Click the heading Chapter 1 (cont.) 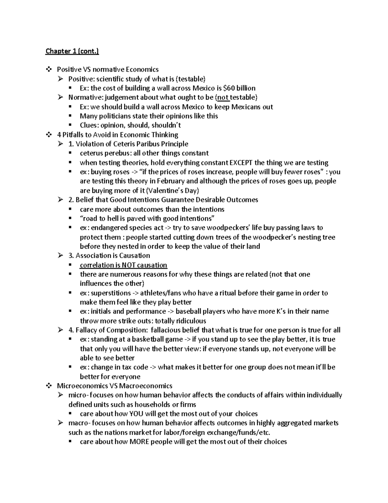click(x=72, y=51)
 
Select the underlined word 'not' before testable click(x=223, y=97)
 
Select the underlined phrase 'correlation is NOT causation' click(x=123, y=265)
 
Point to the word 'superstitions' click(x=111, y=293)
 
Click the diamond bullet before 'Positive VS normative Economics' click(x=49, y=69)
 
